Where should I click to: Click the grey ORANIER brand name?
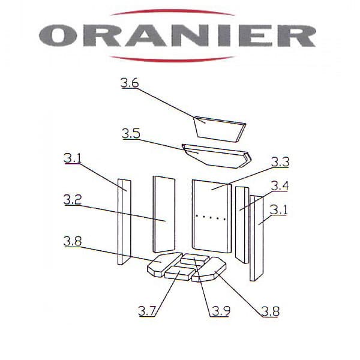click(x=177, y=36)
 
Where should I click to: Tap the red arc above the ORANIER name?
click(x=172, y=11)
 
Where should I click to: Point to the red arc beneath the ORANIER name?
click(x=172, y=59)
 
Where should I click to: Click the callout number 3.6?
click(x=130, y=83)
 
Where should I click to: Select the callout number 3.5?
click(x=131, y=134)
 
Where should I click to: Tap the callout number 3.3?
click(x=280, y=162)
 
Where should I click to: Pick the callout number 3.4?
click(x=280, y=186)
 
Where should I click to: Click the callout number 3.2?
click(x=73, y=199)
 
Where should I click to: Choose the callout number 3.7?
click(x=147, y=311)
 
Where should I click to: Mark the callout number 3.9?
click(x=221, y=311)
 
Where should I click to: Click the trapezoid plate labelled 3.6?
click(x=219, y=130)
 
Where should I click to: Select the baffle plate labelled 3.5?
click(x=217, y=156)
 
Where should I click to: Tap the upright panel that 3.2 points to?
click(x=164, y=214)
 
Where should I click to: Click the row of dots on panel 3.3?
click(x=211, y=217)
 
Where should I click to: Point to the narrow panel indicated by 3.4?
click(x=242, y=225)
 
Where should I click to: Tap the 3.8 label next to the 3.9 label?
click(x=270, y=312)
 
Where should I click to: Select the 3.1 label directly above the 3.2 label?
click(x=73, y=158)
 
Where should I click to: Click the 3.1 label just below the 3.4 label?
click(x=278, y=210)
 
